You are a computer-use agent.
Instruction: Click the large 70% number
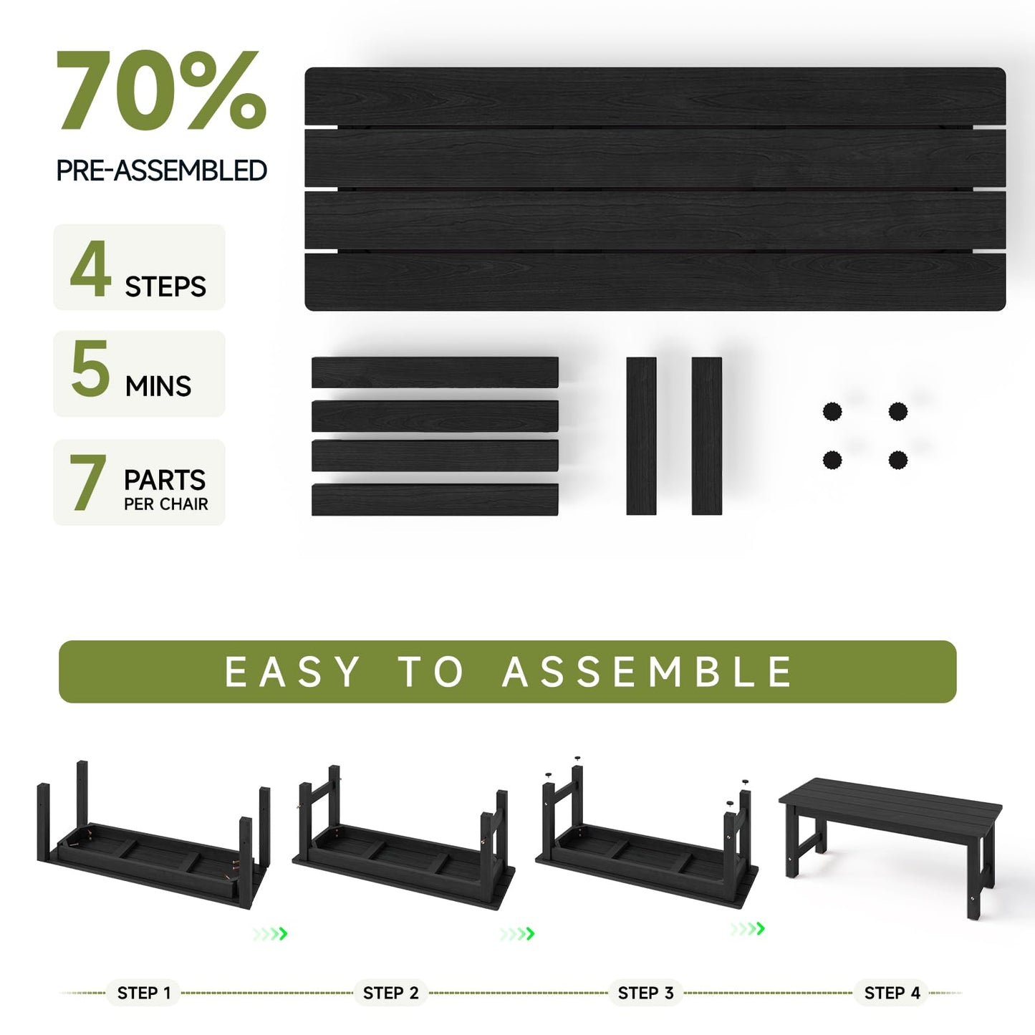tap(161, 91)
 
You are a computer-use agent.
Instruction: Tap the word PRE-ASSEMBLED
tap(161, 170)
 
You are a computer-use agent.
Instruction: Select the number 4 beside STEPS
tap(91, 269)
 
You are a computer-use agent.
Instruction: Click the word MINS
tap(158, 387)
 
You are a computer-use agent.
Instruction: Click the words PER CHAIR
tap(165, 504)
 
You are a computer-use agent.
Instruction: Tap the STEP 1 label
tap(144, 993)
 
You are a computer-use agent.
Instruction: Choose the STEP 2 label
tap(390, 993)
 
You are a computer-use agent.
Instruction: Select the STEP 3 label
tap(645, 993)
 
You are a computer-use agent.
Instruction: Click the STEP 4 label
tap(892, 993)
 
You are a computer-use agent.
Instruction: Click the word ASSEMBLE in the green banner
tap(648, 672)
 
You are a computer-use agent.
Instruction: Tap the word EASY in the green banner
tap(292, 672)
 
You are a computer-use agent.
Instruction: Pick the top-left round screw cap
tap(832, 412)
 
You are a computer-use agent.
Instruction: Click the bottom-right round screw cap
tap(897, 460)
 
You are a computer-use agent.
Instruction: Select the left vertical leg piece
tap(641, 435)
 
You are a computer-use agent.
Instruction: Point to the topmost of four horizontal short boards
tap(435, 372)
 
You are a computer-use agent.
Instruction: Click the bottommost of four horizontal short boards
tap(435, 499)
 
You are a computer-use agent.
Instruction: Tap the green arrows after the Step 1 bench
tap(269, 933)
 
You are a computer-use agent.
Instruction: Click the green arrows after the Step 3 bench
tap(747, 929)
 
